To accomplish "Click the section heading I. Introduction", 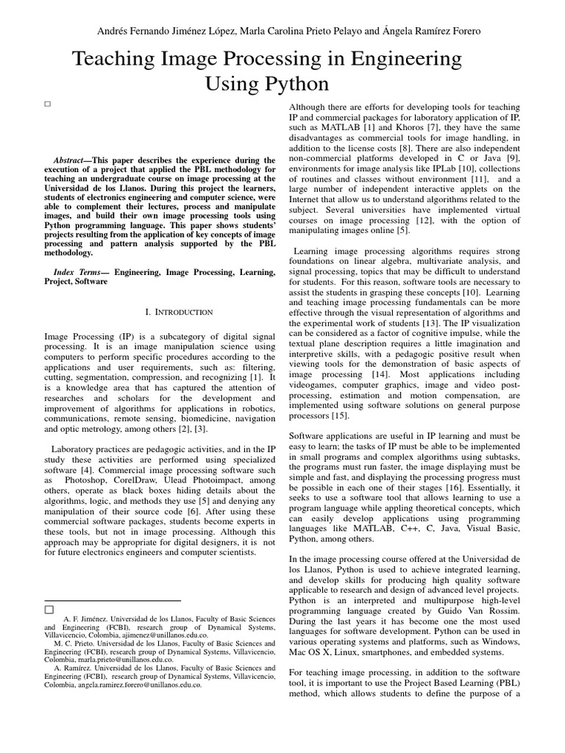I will coord(160,313).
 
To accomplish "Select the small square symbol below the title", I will coord(47,104).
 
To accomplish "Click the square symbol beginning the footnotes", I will coord(49,610).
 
